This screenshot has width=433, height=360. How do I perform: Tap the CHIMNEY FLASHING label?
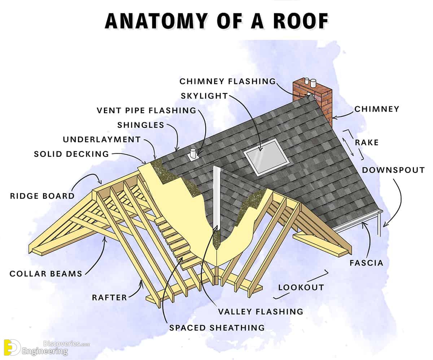pos(228,82)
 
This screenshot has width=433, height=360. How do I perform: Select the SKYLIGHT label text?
pos(204,96)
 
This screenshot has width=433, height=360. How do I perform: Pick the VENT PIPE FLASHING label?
pos(146,110)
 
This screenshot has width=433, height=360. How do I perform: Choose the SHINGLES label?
pos(141,125)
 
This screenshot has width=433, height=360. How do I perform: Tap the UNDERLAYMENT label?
pos(102,140)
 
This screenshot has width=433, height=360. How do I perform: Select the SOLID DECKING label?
pos(71,154)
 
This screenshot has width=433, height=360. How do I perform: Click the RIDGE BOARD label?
pos(42,196)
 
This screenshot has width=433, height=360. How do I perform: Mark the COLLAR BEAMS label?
pos(46,274)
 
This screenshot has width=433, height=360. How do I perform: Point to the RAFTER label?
pos(109,298)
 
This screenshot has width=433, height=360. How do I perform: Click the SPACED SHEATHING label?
pos(217,328)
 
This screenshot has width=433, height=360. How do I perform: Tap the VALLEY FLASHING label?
pos(261,311)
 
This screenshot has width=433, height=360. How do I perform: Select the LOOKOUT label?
pos(301,287)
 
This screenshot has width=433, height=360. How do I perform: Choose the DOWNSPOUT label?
pos(393,170)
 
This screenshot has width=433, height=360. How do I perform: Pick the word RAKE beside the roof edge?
pos(367,142)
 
